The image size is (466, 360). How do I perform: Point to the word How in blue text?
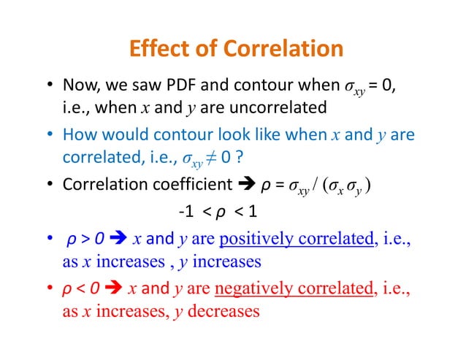76,135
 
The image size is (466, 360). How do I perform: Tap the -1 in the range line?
186,213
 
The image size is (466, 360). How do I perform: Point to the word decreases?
224,312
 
